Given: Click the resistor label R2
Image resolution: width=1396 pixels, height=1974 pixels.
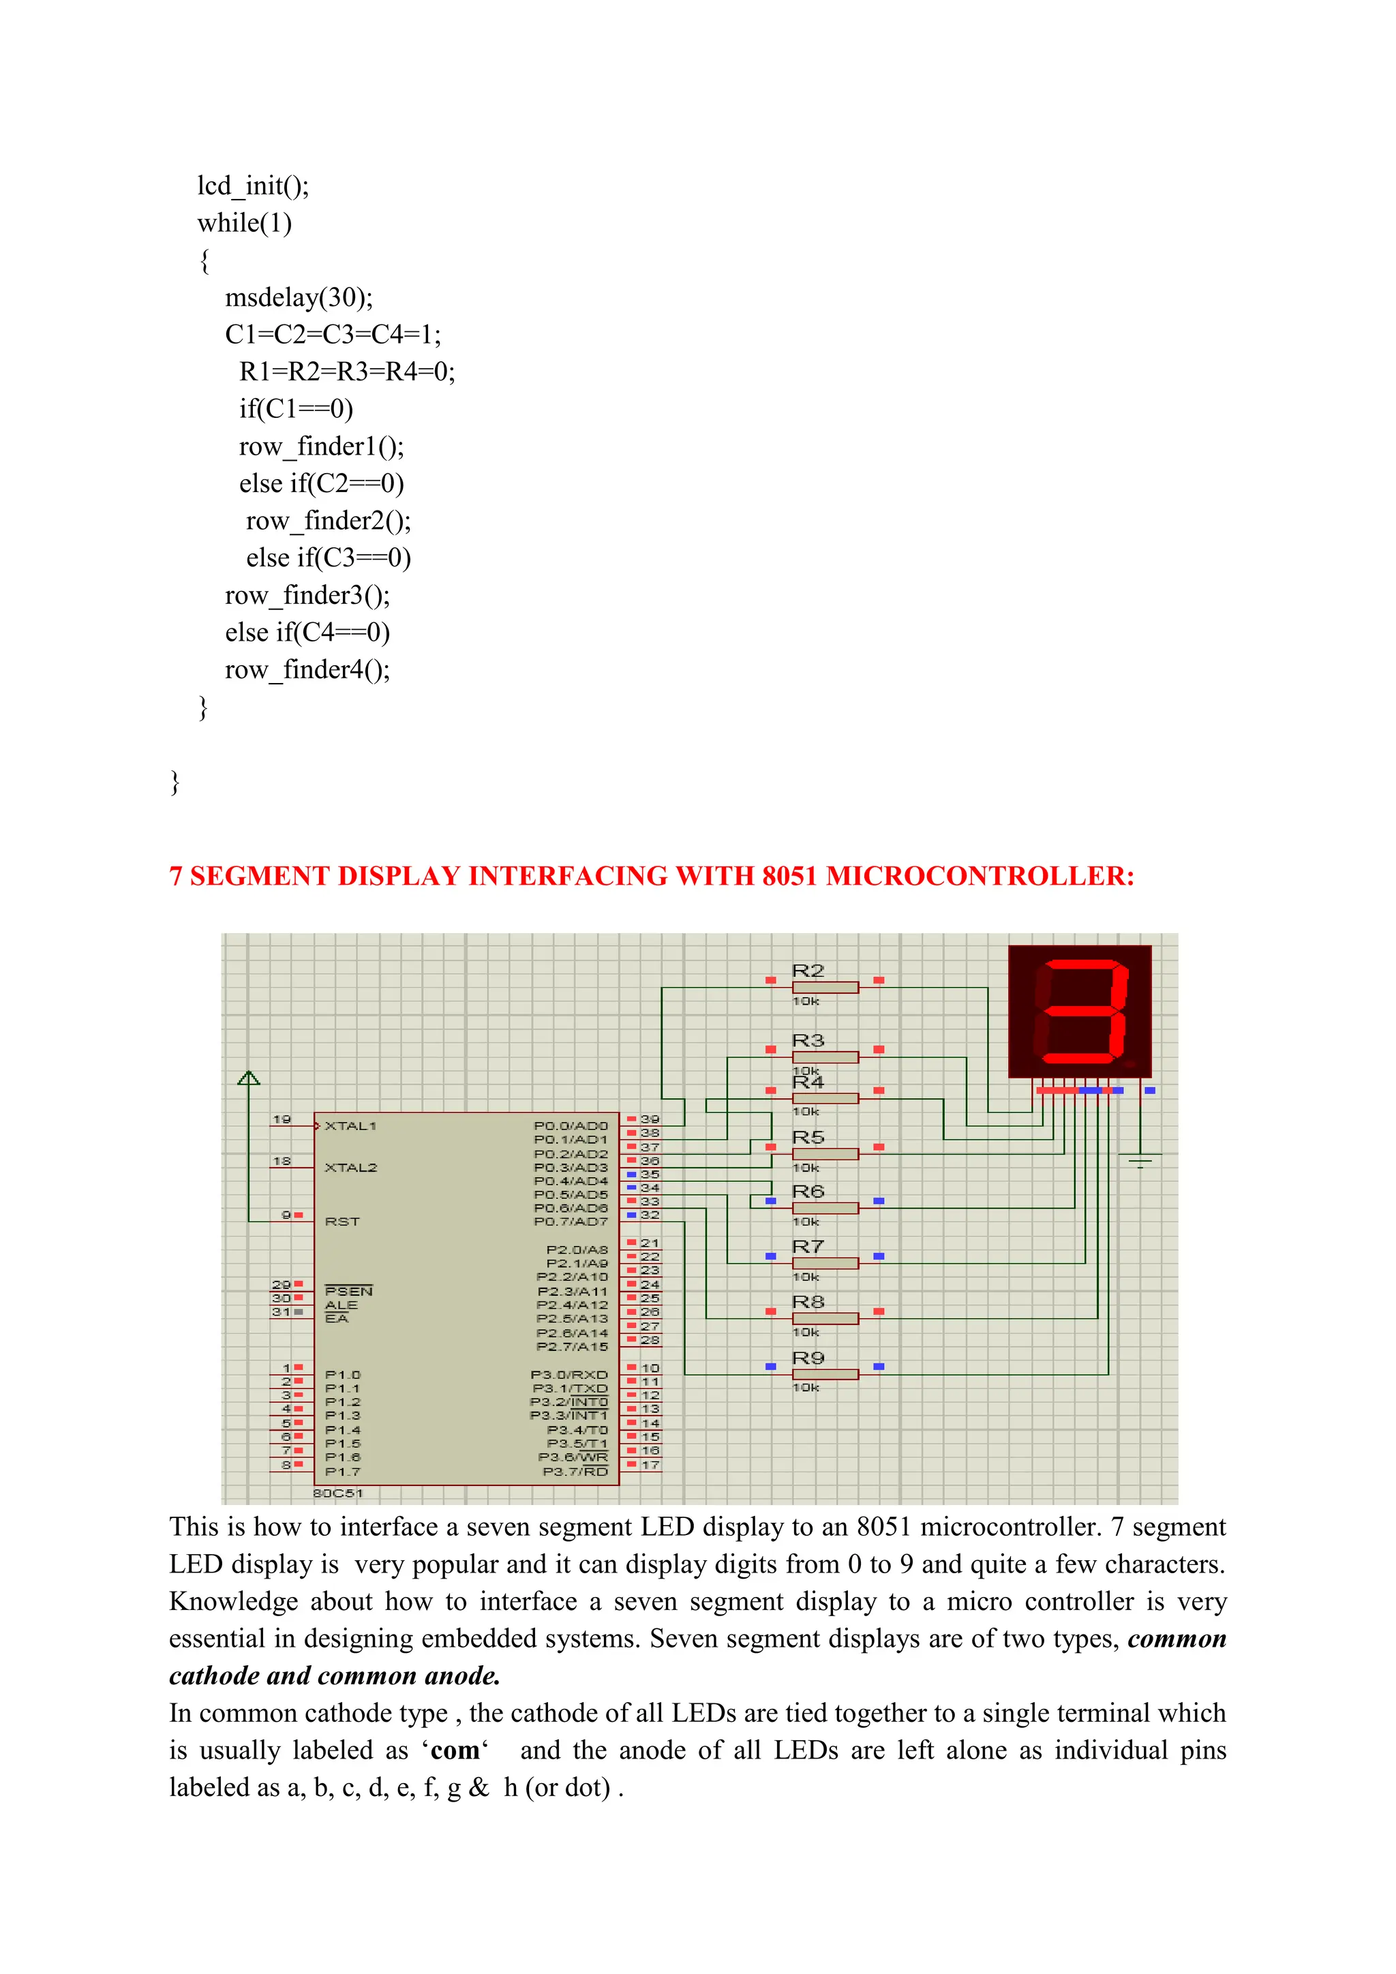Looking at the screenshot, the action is pos(807,971).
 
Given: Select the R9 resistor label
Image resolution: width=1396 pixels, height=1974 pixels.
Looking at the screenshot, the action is pos(807,1358).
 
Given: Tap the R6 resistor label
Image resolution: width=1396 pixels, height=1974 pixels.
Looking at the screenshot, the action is pos(807,1191).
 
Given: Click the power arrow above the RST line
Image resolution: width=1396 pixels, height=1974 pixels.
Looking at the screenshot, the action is pos(248,1078).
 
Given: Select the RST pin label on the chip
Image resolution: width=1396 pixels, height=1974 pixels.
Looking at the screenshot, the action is pos(342,1221).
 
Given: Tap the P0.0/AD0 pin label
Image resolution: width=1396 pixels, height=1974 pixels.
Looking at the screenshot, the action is pos(571,1125).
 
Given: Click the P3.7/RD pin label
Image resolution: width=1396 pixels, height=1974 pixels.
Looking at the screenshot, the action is pos(575,1471).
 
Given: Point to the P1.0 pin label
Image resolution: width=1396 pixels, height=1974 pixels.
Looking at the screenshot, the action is pos(342,1375).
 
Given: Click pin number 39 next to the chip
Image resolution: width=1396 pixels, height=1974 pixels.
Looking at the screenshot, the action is pos(650,1119).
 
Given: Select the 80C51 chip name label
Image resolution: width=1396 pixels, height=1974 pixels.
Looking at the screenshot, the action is pos(338,1493).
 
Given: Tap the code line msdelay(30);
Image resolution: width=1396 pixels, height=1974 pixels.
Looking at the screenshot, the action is pos(299,297).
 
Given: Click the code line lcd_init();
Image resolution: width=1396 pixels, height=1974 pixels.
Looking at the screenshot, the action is pos(253,185).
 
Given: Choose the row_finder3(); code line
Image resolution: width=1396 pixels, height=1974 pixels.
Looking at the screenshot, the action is pos(307,595).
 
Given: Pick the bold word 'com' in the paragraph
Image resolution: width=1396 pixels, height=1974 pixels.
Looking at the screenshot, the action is pos(455,1750).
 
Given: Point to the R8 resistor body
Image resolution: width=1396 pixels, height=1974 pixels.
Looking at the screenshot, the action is pos(825,1318).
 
